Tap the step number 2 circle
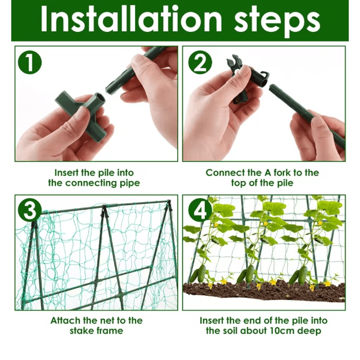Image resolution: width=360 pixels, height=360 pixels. coord(199,63)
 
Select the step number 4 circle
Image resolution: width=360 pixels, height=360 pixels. coord(199,211)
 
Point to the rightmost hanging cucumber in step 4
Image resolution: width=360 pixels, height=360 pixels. coord(302,274)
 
